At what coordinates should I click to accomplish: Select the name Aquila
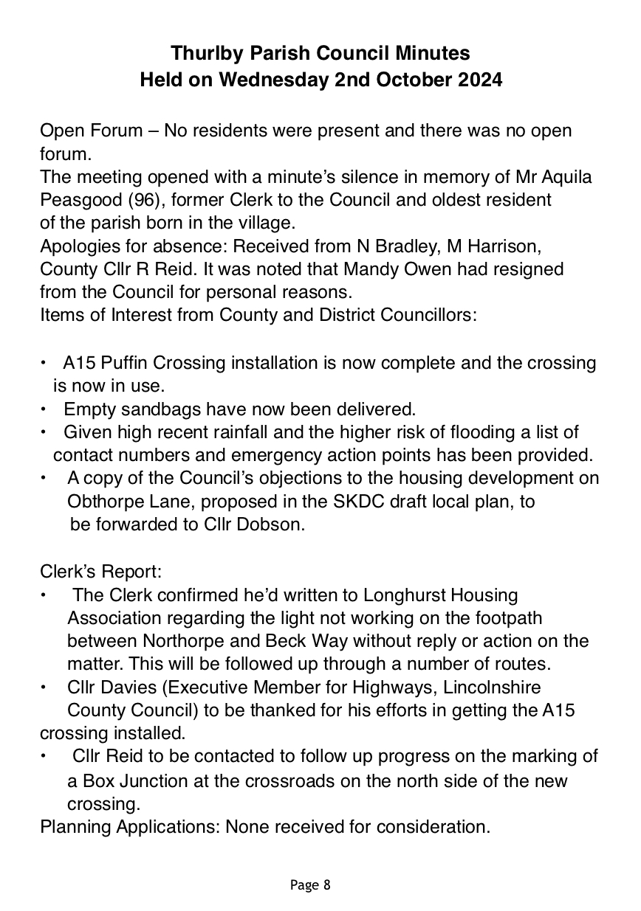pos(566,178)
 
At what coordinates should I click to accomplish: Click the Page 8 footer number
pos(326,884)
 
